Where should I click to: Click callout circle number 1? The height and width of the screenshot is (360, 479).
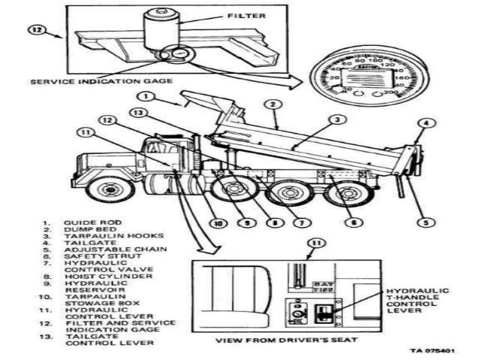148,97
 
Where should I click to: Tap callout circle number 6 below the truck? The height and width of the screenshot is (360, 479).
350,222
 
